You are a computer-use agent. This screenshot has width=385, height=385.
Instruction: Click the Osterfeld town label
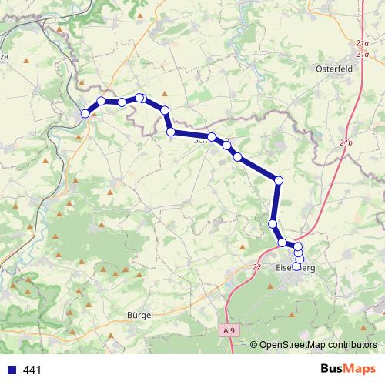[x=333, y=69]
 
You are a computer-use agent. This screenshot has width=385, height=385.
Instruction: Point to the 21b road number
[x=345, y=144]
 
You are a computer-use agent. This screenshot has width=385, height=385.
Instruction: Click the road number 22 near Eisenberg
[x=256, y=266]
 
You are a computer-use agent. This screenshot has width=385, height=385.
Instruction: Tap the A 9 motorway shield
[x=227, y=330]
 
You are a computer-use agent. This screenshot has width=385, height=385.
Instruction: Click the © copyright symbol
[x=253, y=345]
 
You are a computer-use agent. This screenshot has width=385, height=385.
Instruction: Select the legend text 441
[x=33, y=370]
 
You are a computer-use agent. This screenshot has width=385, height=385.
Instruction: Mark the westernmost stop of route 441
[x=85, y=113]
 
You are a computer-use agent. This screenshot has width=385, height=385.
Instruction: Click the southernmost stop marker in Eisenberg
[x=298, y=266]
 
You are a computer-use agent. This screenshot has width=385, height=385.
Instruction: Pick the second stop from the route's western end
[x=101, y=101]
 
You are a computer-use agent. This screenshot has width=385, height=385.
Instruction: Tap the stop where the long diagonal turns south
[x=279, y=180]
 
